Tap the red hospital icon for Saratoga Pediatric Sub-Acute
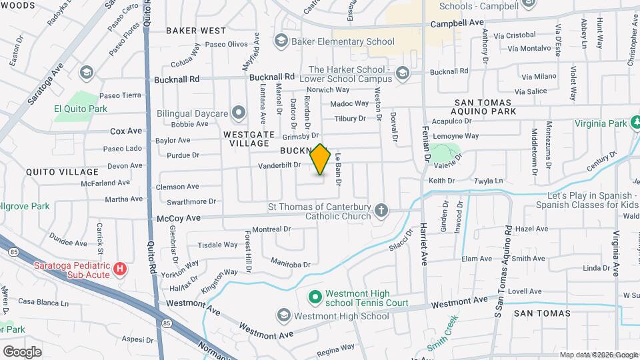[119, 269]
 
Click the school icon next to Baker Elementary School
[281, 41]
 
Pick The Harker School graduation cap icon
[401, 73]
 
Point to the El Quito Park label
[81, 108]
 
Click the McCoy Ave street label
[179, 218]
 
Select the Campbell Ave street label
[457, 22]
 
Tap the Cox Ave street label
[126, 131]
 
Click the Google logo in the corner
[22, 351]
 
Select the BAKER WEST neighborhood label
[196, 31]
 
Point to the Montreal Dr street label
[272, 229]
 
